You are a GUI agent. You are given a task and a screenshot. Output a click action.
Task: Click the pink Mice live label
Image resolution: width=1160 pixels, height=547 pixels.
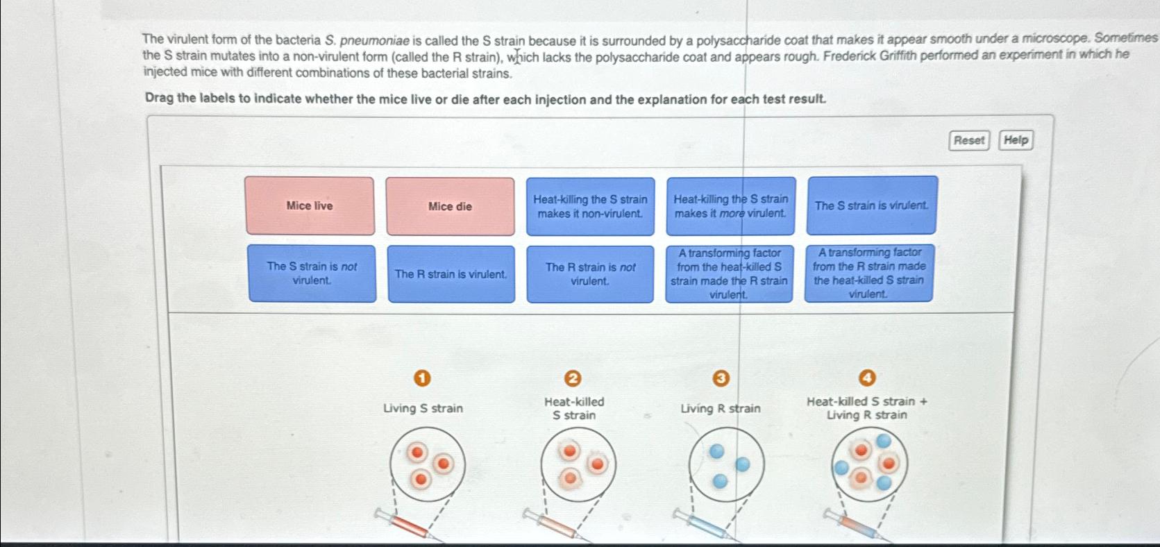click(x=310, y=206)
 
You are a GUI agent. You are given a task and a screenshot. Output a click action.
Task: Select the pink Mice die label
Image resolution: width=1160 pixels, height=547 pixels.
click(x=450, y=207)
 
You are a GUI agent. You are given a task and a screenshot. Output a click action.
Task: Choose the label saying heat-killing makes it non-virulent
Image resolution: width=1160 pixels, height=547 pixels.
click(x=590, y=206)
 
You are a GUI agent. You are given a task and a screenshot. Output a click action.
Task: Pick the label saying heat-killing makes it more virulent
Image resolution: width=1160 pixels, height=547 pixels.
click(x=731, y=206)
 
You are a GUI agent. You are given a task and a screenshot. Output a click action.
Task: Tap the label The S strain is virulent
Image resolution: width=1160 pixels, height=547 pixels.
click(x=871, y=205)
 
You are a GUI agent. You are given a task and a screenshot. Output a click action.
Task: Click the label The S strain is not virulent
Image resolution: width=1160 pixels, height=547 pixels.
click(x=312, y=273)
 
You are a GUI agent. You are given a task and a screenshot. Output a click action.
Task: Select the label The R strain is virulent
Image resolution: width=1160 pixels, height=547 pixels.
click(x=451, y=274)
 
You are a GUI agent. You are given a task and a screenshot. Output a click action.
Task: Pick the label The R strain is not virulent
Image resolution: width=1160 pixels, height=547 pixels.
click(x=590, y=274)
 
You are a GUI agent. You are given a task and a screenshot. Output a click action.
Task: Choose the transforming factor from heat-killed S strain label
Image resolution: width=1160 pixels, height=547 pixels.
click(x=729, y=273)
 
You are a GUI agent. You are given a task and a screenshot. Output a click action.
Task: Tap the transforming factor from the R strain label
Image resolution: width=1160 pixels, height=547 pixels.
click(x=868, y=273)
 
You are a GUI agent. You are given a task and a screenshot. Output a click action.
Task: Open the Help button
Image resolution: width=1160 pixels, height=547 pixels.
click(x=1016, y=140)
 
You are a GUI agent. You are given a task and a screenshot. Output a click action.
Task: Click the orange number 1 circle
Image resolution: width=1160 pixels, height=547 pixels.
click(x=421, y=378)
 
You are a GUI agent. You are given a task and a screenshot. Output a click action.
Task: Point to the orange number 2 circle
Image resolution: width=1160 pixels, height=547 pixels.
click(x=572, y=378)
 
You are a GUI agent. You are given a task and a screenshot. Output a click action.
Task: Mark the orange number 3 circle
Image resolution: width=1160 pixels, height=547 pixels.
click(x=721, y=378)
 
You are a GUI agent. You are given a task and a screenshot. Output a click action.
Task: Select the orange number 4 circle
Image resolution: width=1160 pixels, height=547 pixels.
click(x=867, y=378)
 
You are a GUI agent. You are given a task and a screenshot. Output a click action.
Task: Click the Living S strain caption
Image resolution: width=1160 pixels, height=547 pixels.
click(x=423, y=408)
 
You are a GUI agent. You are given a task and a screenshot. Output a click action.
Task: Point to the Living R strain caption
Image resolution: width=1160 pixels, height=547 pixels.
click(x=720, y=409)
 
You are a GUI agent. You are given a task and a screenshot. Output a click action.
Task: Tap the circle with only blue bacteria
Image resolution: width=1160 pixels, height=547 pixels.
click(x=727, y=464)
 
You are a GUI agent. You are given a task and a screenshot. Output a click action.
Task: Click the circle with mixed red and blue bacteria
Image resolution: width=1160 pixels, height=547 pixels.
click(x=869, y=464)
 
